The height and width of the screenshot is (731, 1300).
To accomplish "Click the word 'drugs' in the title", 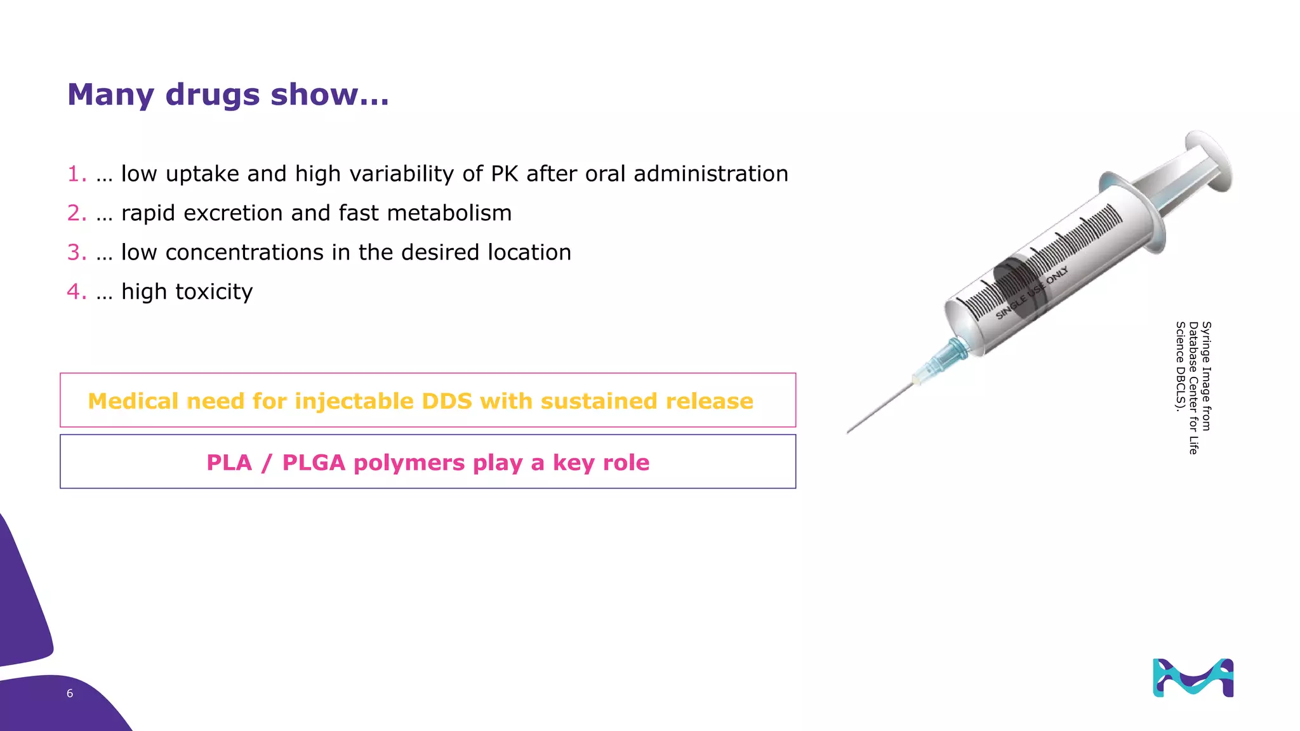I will (212, 95).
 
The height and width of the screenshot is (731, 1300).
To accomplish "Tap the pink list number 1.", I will (76, 174).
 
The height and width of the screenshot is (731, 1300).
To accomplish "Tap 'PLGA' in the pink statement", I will (314, 463).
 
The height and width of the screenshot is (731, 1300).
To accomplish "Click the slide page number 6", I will (70, 694).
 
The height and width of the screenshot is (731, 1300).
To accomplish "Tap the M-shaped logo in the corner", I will (1193, 678).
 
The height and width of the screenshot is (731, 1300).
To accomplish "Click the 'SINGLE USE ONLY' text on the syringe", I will (1031, 293).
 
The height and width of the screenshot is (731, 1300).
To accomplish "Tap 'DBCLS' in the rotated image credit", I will (1180, 387).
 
